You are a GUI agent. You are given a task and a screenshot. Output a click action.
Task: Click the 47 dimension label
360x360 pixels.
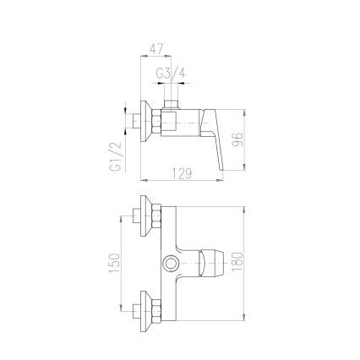tap(156, 49)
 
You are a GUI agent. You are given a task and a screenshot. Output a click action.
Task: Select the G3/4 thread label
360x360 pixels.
tap(171, 74)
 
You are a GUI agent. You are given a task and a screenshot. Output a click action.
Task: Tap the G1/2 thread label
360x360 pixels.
tap(116, 156)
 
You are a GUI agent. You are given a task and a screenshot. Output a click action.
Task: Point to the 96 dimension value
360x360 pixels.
tap(238, 139)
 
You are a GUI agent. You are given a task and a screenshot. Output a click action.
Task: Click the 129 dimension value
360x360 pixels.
tap(182, 173)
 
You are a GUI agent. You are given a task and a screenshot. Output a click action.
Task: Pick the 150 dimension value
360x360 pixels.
tap(114, 264)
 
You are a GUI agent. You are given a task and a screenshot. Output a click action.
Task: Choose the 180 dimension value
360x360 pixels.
tap(237, 262)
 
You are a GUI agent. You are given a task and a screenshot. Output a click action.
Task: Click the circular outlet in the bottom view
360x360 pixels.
tap(171, 264)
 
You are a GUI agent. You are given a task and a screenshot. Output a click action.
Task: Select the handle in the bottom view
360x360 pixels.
tap(211, 264)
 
